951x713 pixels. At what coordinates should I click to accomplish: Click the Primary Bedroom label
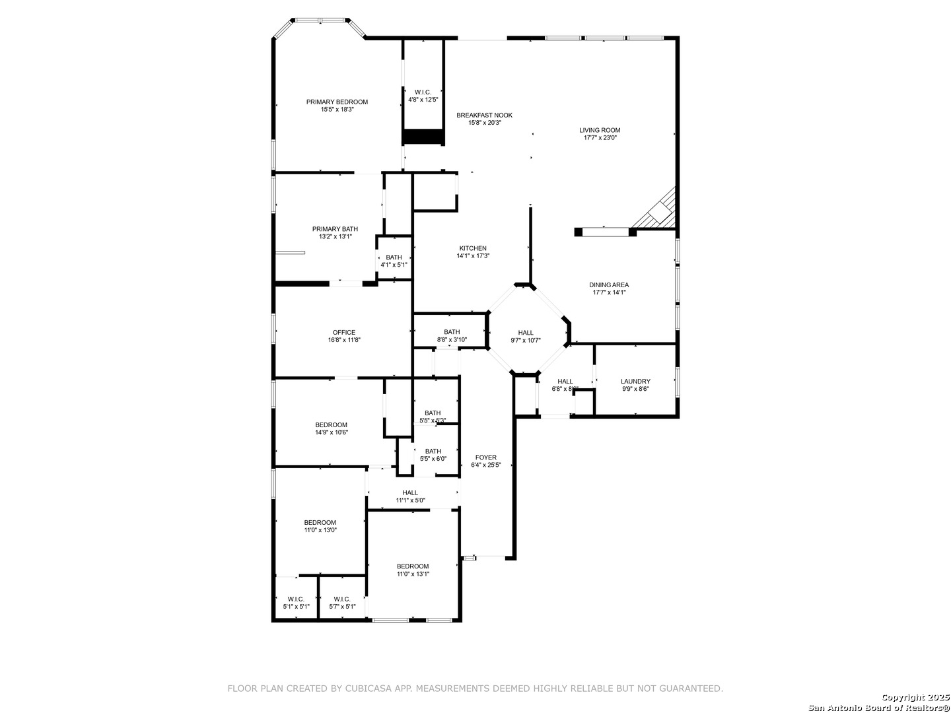[337, 102]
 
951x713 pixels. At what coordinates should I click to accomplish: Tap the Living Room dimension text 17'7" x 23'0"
[600, 138]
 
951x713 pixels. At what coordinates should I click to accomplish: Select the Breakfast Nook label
[484, 115]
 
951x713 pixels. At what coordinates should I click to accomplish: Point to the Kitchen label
[473, 248]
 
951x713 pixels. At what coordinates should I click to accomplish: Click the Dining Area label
[609, 285]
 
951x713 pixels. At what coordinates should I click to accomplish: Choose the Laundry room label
[635, 382]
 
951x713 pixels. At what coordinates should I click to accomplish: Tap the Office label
[344, 333]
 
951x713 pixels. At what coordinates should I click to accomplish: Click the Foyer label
[485, 457]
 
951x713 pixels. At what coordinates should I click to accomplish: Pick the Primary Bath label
[335, 229]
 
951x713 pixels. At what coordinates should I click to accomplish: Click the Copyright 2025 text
[914, 697]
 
